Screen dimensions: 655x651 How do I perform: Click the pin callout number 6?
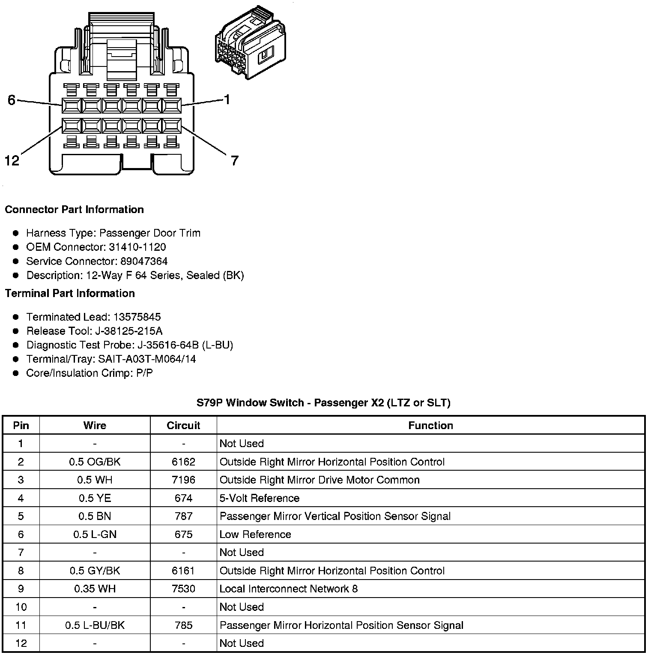click(12, 100)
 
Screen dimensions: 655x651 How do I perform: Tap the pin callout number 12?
click(12, 161)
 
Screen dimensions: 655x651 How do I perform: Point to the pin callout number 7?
click(234, 161)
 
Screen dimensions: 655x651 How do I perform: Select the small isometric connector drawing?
click(251, 43)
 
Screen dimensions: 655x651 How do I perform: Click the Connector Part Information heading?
click(74, 210)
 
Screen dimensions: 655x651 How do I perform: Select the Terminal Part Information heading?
click(70, 293)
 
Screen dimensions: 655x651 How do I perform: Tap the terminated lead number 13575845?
click(137, 317)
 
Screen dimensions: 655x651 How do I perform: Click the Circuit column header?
click(183, 425)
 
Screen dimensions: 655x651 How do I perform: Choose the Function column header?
click(430, 425)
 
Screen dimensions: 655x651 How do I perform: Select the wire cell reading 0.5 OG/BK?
click(95, 462)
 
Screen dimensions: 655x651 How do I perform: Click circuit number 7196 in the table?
click(183, 480)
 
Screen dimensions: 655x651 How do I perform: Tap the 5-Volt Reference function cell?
click(260, 498)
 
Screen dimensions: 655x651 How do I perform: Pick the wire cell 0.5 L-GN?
click(95, 534)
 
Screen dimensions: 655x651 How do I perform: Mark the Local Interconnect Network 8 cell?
click(288, 589)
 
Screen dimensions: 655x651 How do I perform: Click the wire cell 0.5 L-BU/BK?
click(95, 625)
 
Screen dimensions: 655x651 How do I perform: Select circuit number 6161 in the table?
click(183, 571)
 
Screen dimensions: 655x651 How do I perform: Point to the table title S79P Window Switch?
click(323, 403)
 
